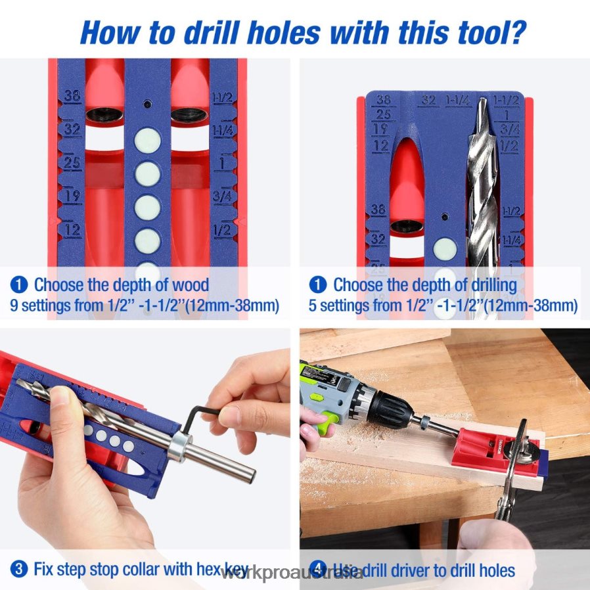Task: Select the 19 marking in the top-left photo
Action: coord(72,194)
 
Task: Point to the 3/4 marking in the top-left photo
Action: coord(222,194)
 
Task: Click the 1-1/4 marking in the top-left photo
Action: coord(222,129)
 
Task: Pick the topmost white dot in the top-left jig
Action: coord(148,141)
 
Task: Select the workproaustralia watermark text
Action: coord(293,574)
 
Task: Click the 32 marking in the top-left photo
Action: coord(72,129)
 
